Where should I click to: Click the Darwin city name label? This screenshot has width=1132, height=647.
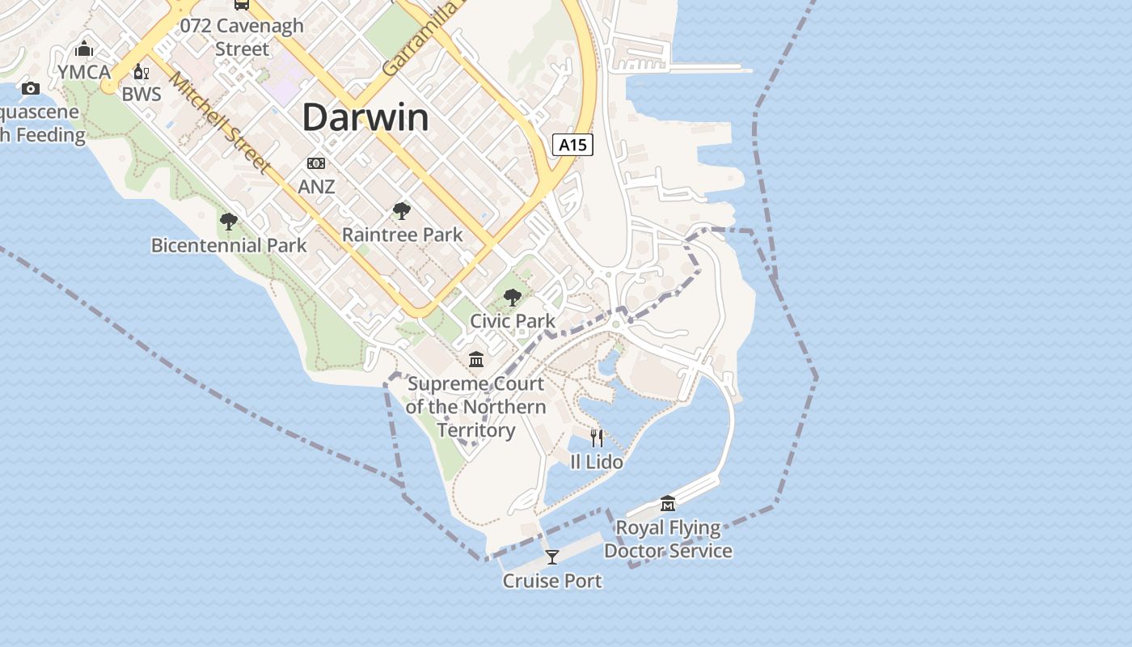(x=365, y=118)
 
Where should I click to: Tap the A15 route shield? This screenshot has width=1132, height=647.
(x=572, y=145)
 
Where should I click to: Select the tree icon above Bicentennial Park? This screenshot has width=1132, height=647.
(x=229, y=221)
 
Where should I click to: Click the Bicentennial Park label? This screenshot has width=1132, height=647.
(x=229, y=245)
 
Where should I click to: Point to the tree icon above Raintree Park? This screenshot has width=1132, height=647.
(x=402, y=211)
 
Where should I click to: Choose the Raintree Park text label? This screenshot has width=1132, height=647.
(x=402, y=235)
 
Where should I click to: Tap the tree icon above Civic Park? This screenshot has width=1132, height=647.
(x=512, y=298)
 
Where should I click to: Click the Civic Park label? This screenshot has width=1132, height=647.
(x=513, y=321)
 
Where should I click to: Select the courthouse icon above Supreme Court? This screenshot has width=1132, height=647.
(x=476, y=359)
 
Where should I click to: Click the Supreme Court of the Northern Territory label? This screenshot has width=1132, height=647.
(x=476, y=407)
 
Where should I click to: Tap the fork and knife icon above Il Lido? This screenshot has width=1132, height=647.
(x=597, y=438)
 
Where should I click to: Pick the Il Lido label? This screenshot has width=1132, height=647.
(x=597, y=462)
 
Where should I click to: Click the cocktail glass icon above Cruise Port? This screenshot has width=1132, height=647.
(x=552, y=557)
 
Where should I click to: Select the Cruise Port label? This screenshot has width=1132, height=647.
(x=552, y=581)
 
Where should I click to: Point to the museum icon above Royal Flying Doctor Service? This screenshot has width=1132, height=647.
(x=668, y=504)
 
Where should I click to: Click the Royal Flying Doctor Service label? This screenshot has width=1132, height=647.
(x=668, y=539)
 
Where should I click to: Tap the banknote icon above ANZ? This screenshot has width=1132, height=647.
(x=316, y=163)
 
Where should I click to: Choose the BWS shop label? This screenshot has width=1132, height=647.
(x=141, y=95)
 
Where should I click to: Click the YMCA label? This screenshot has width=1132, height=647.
(x=84, y=72)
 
